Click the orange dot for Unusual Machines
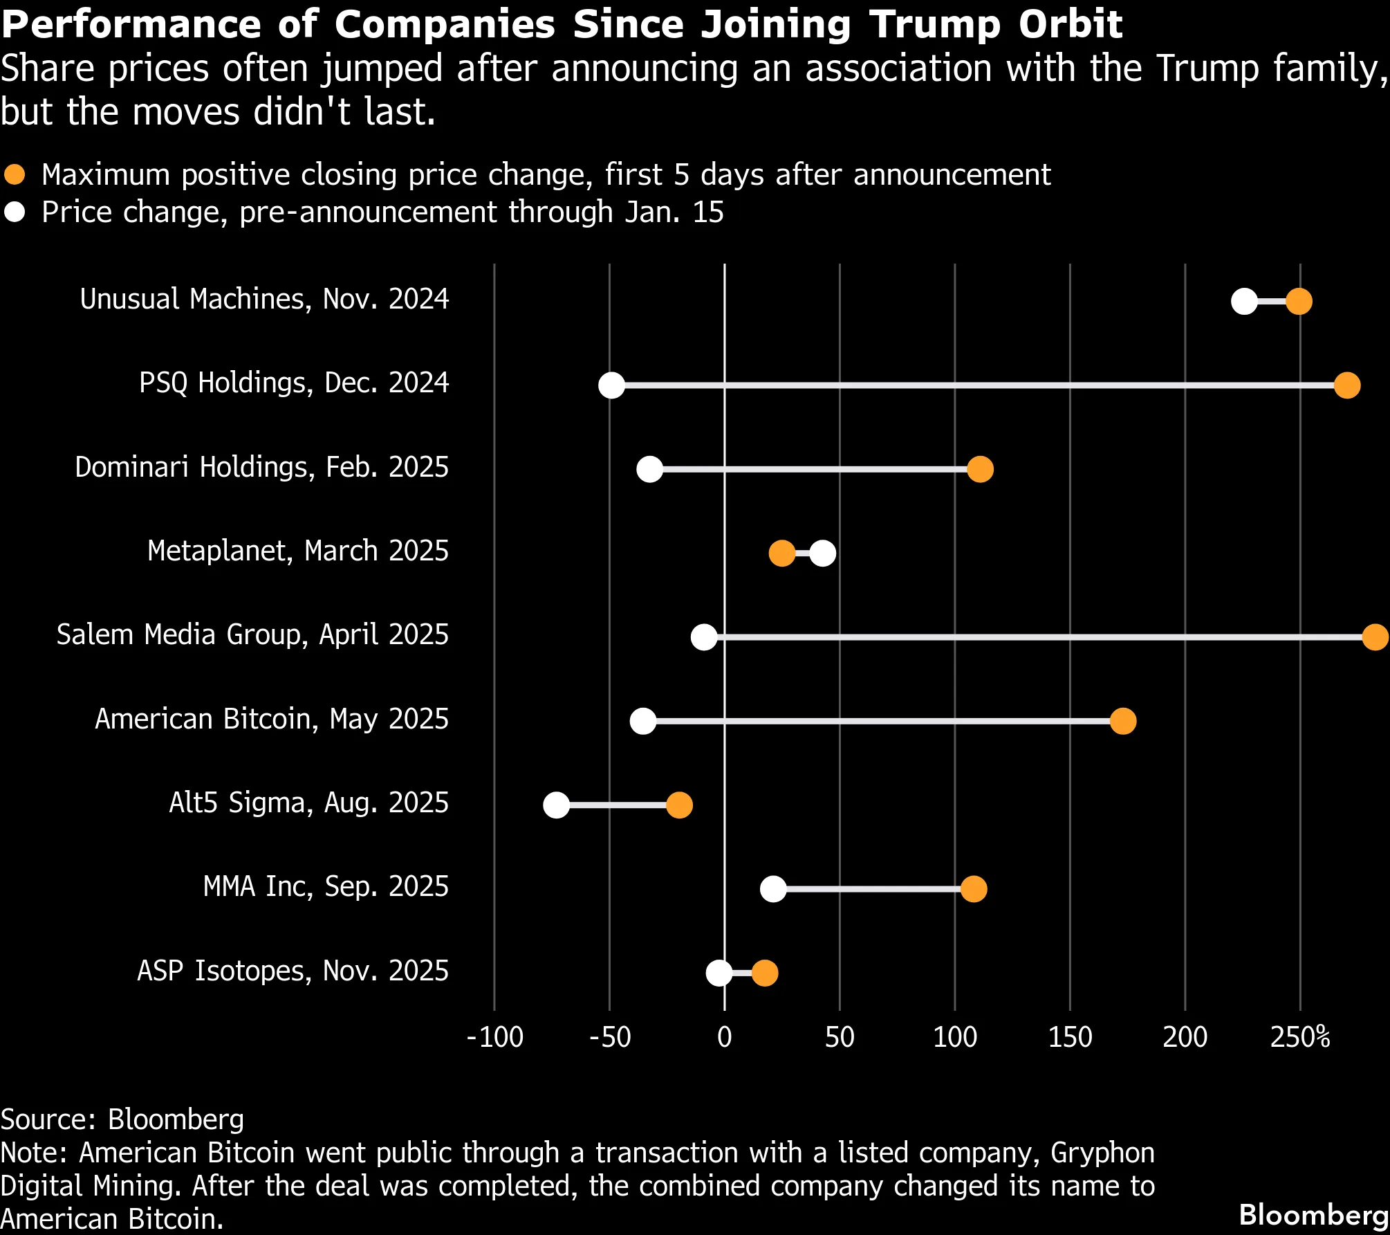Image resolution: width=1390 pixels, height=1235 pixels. (1299, 302)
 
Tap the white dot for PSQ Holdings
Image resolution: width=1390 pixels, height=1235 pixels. (611, 385)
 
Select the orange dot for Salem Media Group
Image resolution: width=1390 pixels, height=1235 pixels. (1375, 637)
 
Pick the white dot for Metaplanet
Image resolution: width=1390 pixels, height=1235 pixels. (822, 554)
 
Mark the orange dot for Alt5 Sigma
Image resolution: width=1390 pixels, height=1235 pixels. (679, 805)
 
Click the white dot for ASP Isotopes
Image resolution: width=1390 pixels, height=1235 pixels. (719, 973)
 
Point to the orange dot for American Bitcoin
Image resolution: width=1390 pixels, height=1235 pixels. (1123, 721)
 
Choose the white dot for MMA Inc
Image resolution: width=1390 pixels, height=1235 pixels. (773, 889)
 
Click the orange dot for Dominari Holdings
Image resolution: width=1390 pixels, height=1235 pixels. (980, 469)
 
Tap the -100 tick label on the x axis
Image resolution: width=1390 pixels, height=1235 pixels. (495, 1037)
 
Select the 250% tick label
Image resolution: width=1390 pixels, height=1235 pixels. (1300, 1037)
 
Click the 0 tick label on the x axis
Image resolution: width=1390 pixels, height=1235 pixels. (725, 1037)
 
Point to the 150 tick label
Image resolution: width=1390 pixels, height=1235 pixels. (1070, 1037)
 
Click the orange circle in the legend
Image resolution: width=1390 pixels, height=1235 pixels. (15, 174)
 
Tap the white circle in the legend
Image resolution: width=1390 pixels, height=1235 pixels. (15, 212)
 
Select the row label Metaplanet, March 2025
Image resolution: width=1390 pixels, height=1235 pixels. (298, 551)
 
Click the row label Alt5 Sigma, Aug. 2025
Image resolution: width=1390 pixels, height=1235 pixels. (309, 803)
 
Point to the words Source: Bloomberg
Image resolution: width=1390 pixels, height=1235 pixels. (122, 1119)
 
